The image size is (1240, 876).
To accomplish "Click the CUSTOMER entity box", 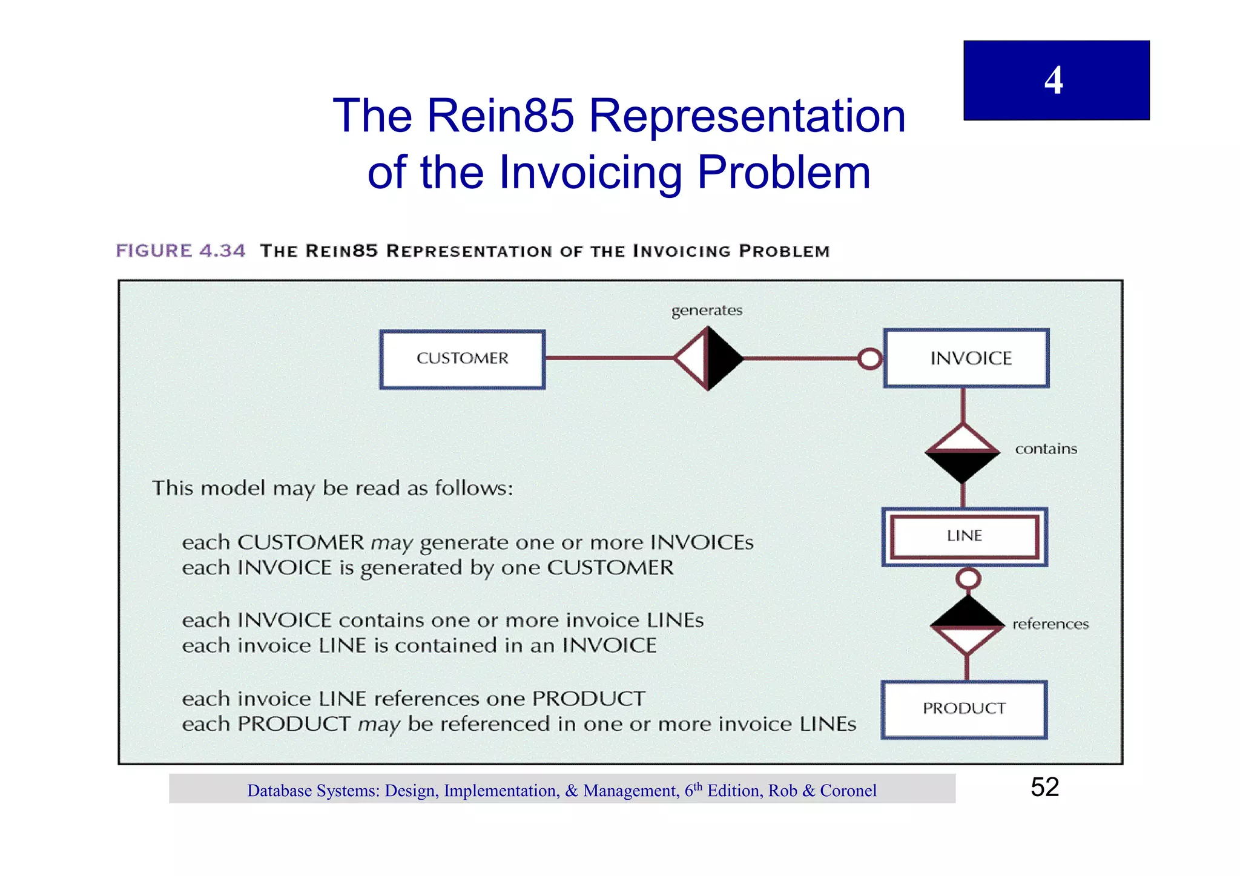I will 463,359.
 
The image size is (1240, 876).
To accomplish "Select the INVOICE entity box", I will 966,358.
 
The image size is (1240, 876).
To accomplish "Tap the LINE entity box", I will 965,536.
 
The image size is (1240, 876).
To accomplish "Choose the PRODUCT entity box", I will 964,709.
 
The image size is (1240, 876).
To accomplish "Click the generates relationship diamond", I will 708,358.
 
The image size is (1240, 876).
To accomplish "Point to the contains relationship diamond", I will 963,452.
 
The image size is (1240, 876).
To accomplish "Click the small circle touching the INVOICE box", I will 870,359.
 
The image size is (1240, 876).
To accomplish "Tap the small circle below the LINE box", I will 968,578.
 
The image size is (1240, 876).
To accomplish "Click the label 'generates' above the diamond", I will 707,311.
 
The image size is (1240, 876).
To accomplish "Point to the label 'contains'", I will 1046,449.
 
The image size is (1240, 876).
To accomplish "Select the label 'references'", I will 1050,624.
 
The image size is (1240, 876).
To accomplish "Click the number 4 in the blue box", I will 1054,81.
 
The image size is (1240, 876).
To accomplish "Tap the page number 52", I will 1044,787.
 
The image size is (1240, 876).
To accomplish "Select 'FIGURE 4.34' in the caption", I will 180,251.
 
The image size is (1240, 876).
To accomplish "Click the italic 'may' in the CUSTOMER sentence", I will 391,543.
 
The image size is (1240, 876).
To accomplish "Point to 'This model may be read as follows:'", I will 332,488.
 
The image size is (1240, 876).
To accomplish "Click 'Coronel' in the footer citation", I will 848,791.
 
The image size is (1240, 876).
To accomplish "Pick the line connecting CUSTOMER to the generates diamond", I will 608,358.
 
